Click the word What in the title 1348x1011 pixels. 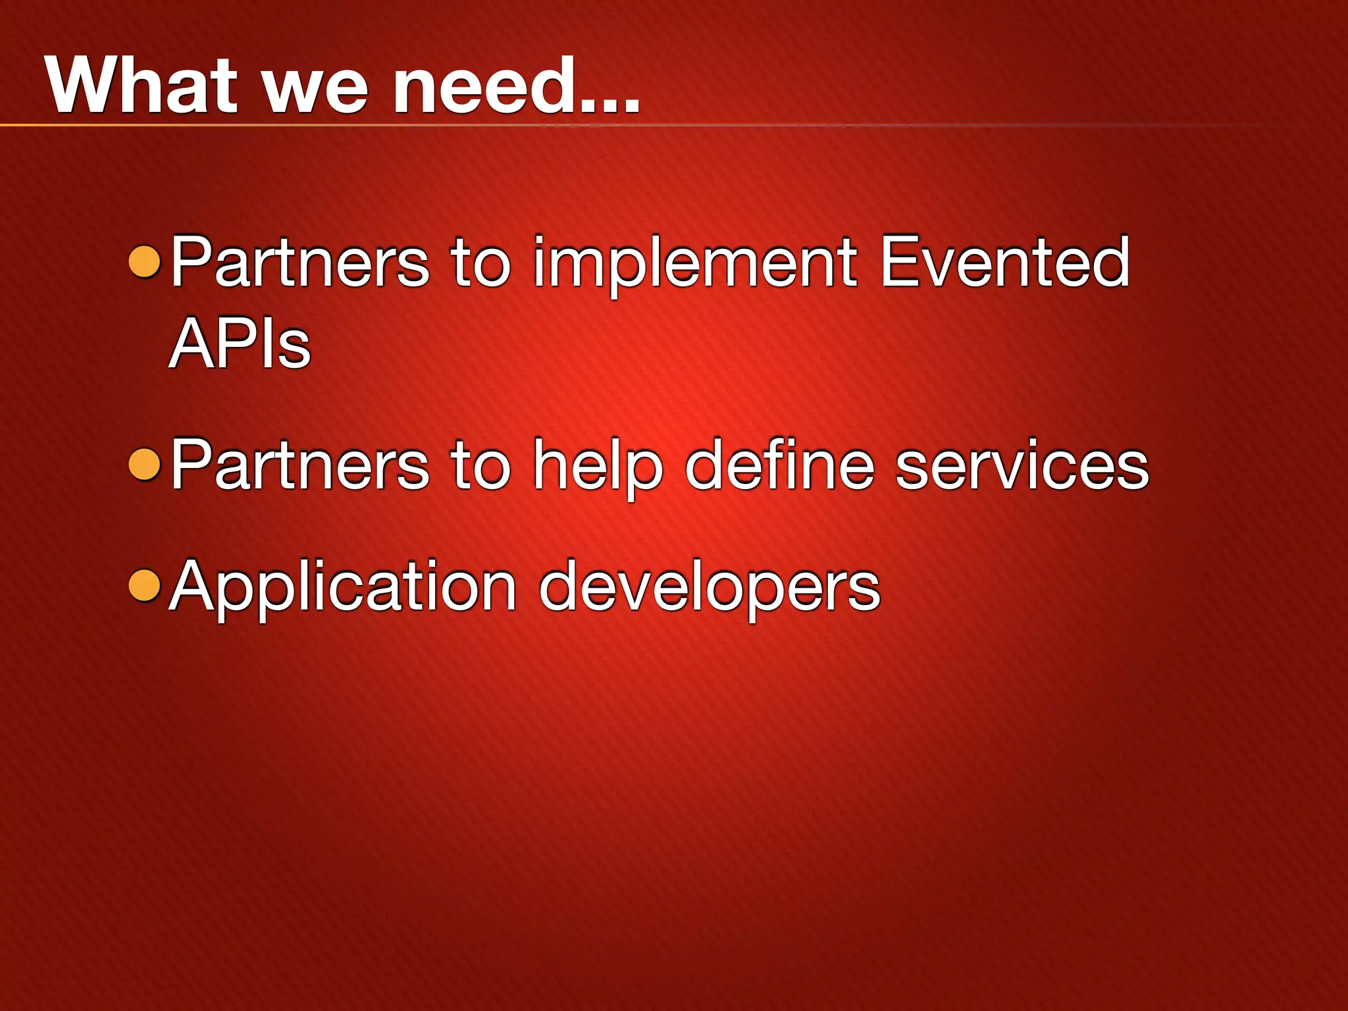pyautogui.click(x=141, y=86)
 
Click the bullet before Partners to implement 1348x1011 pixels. pyautogui.click(x=145, y=262)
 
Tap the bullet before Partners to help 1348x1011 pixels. pyautogui.click(x=145, y=465)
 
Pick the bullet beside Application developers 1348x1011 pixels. pyautogui.click(x=145, y=586)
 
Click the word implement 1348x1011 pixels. pyautogui.click(x=695, y=263)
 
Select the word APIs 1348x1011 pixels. pyautogui.click(x=240, y=344)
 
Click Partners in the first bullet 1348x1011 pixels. pyautogui.click(x=300, y=263)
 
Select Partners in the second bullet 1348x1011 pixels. pyautogui.click(x=300, y=466)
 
